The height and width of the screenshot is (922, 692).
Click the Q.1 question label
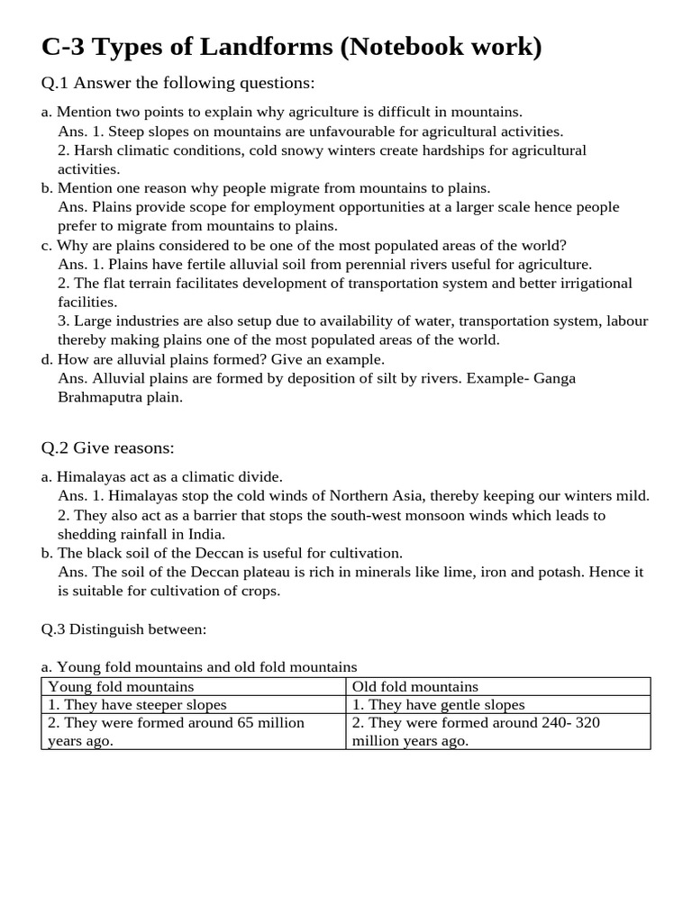[55, 84]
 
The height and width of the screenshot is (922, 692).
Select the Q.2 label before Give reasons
[55, 447]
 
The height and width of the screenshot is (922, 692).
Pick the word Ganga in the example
[554, 378]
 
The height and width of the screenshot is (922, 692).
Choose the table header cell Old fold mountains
[415, 687]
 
